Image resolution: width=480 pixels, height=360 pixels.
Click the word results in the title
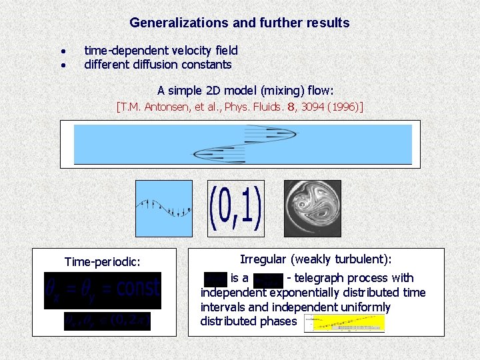pyautogui.click(x=325, y=23)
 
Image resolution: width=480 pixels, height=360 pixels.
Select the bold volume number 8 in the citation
pyautogui.click(x=291, y=106)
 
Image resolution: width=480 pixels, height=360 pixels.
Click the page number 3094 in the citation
pyautogui.click(x=313, y=106)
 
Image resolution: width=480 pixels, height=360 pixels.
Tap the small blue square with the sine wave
pyautogui.click(x=163, y=208)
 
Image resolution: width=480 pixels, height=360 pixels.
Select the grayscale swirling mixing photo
pyautogui.click(x=312, y=208)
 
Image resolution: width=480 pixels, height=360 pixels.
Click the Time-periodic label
pyautogui.click(x=102, y=262)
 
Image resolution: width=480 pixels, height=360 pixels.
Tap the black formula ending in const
pyautogui.click(x=103, y=290)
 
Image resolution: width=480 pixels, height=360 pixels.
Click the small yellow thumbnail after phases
pyautogui.click(x=344, y=323)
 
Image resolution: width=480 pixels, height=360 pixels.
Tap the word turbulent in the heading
pyautogui.click(x=360, y=259)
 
